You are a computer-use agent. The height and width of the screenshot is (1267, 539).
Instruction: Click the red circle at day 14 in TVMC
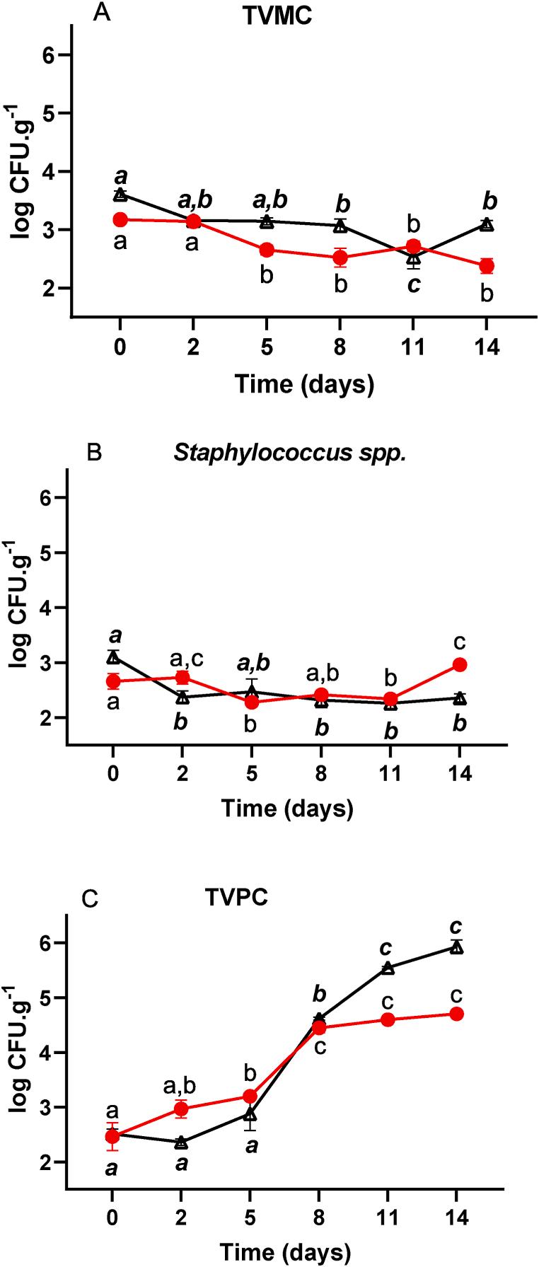[486, 266]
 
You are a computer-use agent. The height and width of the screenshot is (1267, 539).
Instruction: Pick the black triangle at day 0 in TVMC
[120, 195]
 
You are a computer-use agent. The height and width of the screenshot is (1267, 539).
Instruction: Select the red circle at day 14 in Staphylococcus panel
[460, 664]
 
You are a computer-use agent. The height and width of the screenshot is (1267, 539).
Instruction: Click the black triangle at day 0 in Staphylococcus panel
[112, 658]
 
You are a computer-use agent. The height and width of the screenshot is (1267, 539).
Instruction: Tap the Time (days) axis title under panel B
[286, 808]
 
